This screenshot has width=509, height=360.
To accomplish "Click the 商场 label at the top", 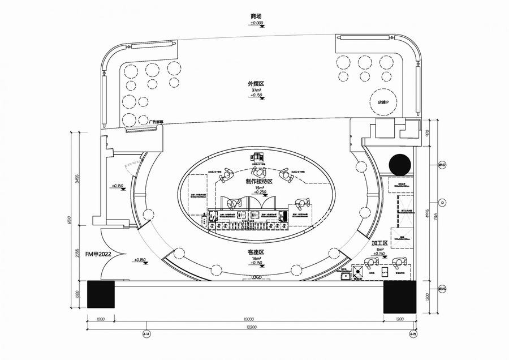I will click(x=256, y=17).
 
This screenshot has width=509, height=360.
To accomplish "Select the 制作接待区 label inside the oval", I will click(x=259, y=182).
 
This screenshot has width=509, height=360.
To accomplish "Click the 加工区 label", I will click(x=378, y=243).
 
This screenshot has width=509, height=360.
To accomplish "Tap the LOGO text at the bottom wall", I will click(x=257, y=277).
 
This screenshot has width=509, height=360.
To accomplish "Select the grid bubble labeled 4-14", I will click(x=146, y=335).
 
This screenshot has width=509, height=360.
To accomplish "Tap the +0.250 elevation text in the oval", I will click(x=259, y=192).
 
